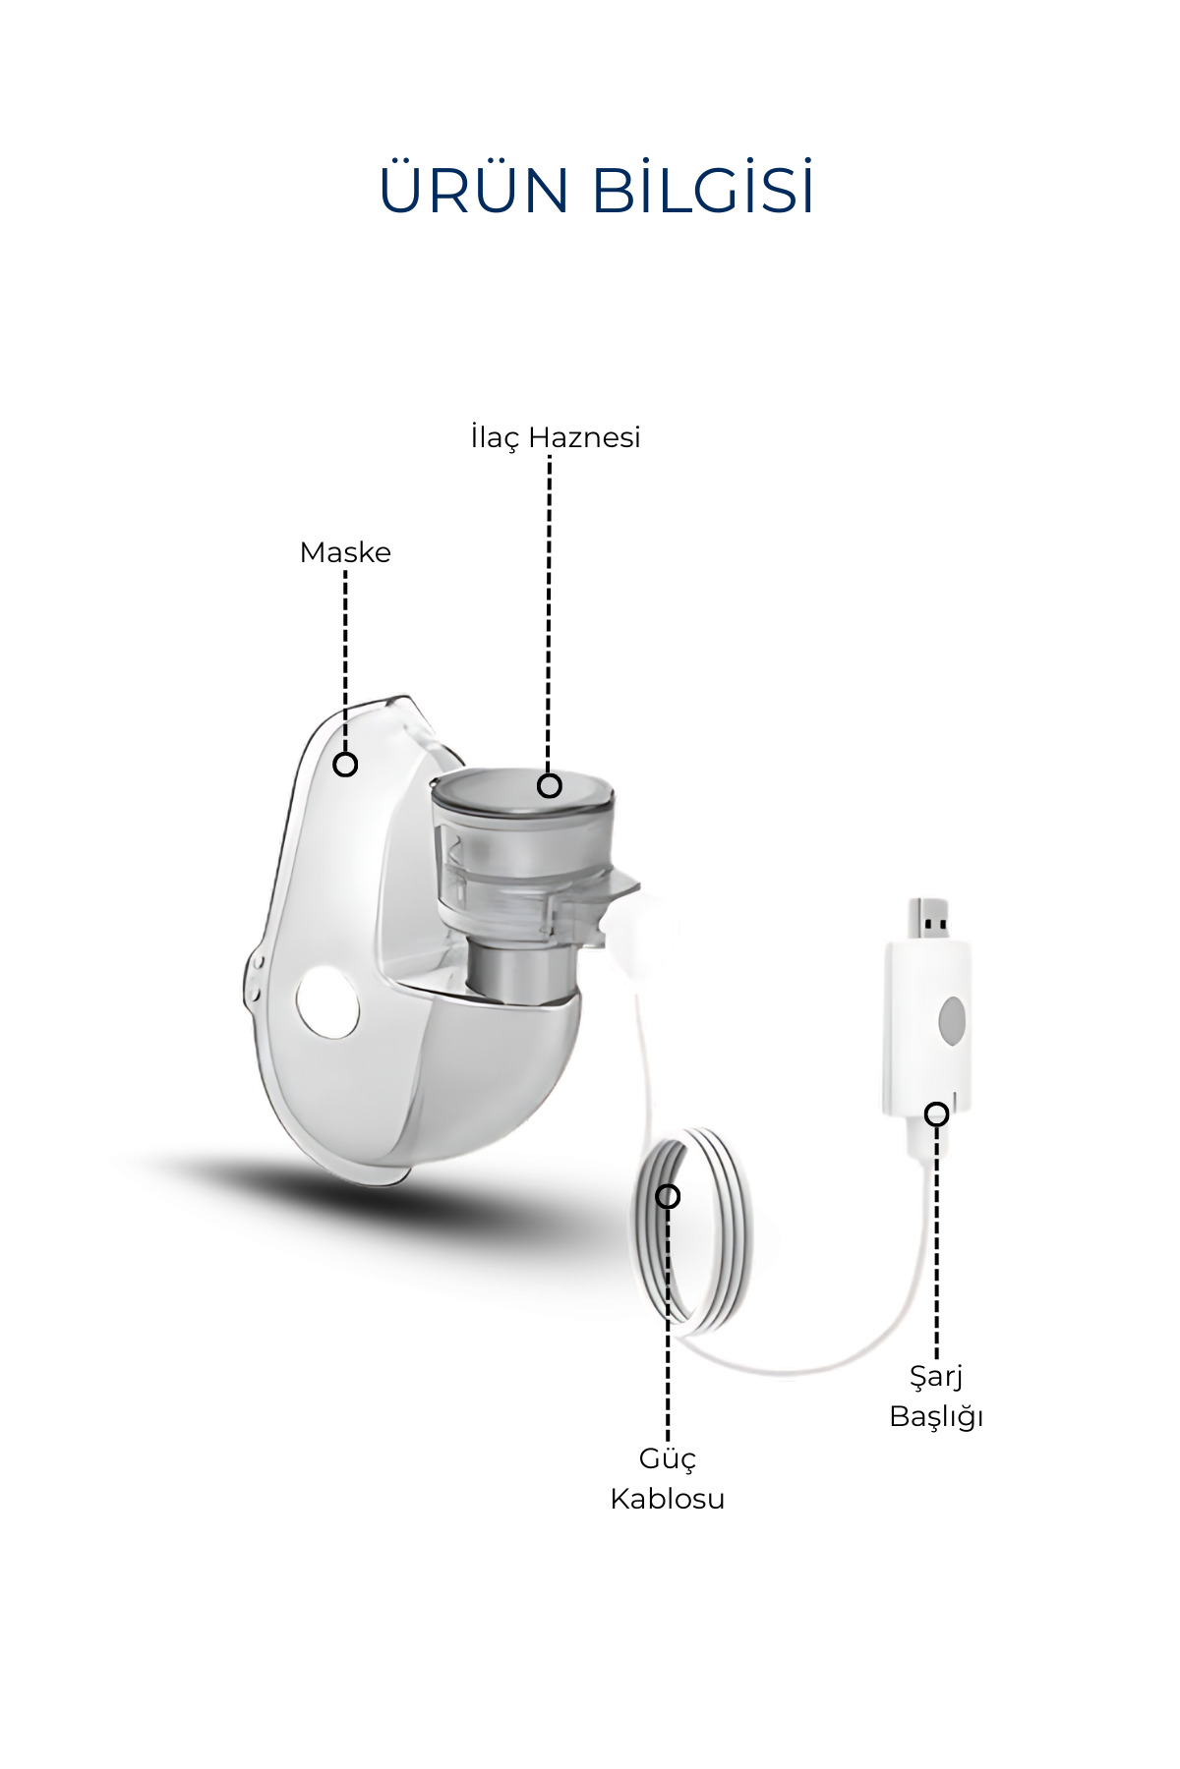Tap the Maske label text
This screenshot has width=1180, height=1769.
(x=345, y=552)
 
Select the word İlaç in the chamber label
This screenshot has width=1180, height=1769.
(x=494, y=437)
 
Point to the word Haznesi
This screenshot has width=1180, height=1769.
(x=584, y=437)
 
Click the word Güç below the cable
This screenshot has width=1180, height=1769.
(x=668, y=1459)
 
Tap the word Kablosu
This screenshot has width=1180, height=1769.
(x=668, y=1499)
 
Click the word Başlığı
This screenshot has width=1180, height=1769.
(x=937, y=1417)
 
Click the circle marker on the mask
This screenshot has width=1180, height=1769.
(x=345, y=764)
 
